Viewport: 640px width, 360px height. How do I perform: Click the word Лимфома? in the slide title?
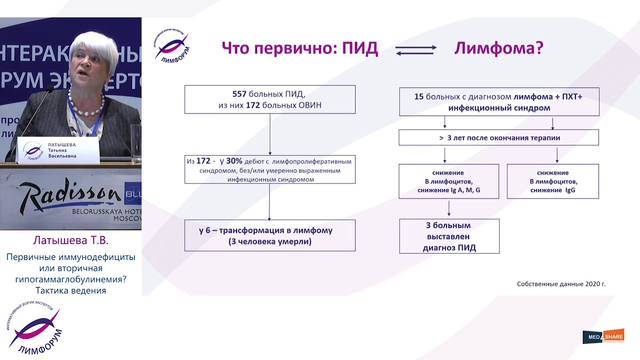pos(498,48)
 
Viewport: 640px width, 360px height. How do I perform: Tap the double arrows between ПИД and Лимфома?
pos(415,50)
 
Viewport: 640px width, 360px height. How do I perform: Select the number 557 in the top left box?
pos(240,94)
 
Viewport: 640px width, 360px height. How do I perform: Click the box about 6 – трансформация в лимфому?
pos(269,235)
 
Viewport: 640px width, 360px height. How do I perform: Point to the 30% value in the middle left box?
pos(234,161)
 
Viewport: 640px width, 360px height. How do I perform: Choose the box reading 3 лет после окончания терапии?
pos(498,137)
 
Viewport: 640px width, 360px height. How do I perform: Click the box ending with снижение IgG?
pos(552,181)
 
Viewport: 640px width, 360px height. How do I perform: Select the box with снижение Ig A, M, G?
pos(448,181)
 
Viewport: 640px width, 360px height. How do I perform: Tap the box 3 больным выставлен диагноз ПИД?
pos(449,236)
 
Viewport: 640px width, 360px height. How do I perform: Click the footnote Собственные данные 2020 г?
pos(560,284)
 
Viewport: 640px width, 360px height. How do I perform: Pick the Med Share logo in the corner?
pos(603,336)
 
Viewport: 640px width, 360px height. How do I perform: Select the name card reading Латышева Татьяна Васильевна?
pos(58,150)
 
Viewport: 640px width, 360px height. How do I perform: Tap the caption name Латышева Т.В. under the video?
pos(70,240)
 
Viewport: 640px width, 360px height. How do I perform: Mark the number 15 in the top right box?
pos(418,96)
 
